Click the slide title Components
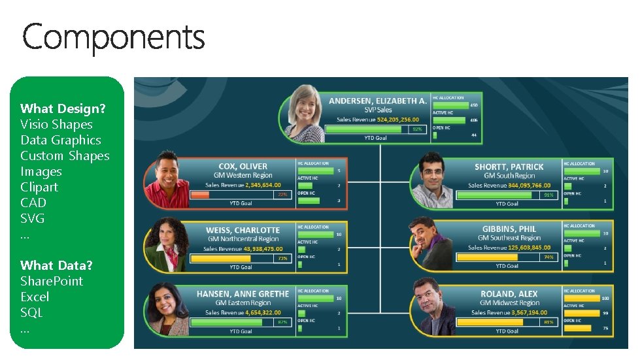[x=113, y=37]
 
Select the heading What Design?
[x=63, y=108]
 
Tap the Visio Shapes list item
[x=56, y=124]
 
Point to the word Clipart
[x=39, y=187]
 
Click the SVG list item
[x=33, y=218]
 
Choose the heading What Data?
[x=56, y=265]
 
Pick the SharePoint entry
[x=52, y=281]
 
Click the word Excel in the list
[x=35, y=297]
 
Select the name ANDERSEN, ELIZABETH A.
[x=377, y=101]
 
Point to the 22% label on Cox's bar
[x=282, y=195]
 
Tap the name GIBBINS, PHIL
[x=509, y=229]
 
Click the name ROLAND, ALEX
[x=509, y=294]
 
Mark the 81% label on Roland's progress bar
[x=548, y=322]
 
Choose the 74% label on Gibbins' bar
[x=548, y=257]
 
